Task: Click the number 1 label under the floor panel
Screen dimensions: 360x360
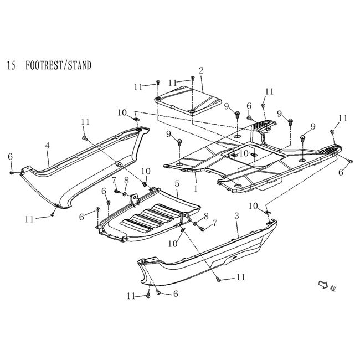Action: [x=195, y=181]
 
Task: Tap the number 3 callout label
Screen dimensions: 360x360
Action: [x=236, y=214]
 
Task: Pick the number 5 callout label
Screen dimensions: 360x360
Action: [x=177, y=183]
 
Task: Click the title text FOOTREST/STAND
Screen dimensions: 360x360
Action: [x=58, y=65]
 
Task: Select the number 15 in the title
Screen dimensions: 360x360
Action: [x=11, y=65]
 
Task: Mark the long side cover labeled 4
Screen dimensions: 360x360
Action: [x=83, y=172]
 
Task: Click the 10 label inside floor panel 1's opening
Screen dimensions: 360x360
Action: [x=243, y=152]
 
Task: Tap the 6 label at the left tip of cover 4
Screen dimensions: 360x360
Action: [x=10, y=157]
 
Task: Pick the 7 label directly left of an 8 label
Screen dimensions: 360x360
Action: [x=114, y=180]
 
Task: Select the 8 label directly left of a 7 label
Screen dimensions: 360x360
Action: [x=205, y=216]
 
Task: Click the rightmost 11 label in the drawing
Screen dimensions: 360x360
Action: [x=343, y=118]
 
